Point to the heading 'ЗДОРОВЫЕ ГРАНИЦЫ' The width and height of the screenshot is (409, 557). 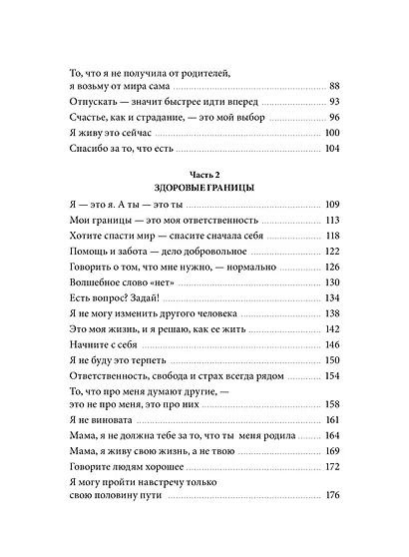204,187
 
